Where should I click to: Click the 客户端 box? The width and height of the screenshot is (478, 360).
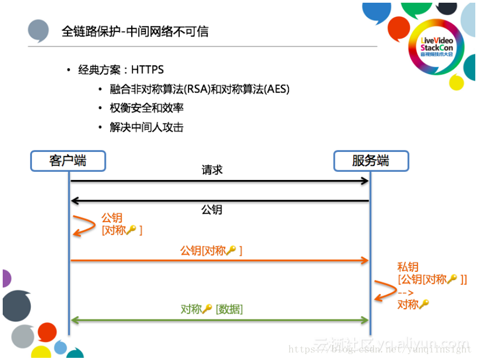pos(68,161)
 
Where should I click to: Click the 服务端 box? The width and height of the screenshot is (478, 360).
pos(371,161)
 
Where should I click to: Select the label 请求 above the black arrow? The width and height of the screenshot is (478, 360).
pos(212,170)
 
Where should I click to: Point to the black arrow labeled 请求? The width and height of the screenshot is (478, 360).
pos(219,181)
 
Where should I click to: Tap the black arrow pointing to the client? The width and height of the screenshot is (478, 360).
pos(219,201)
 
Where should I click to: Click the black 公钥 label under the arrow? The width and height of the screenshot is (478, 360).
pos(212,210)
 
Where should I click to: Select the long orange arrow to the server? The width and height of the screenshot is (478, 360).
pos(219,261)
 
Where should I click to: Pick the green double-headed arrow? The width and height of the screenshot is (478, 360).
pos(219,320)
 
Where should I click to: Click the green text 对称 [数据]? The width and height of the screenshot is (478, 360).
pos(212,309)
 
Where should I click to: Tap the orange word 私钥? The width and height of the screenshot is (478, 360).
pos(408,267)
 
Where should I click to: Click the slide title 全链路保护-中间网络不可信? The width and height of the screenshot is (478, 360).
pos(135,31)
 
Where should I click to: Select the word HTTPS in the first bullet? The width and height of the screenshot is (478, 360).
pos(147,70)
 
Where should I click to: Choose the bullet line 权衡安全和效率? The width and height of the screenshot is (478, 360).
pos(146,108)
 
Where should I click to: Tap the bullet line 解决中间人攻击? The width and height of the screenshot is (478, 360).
pos(146,127)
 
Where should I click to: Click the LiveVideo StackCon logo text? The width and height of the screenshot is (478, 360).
pos(436,46)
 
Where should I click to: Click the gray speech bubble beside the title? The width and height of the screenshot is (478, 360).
pos(38,30)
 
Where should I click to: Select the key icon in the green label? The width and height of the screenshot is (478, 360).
pos(207,309)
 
